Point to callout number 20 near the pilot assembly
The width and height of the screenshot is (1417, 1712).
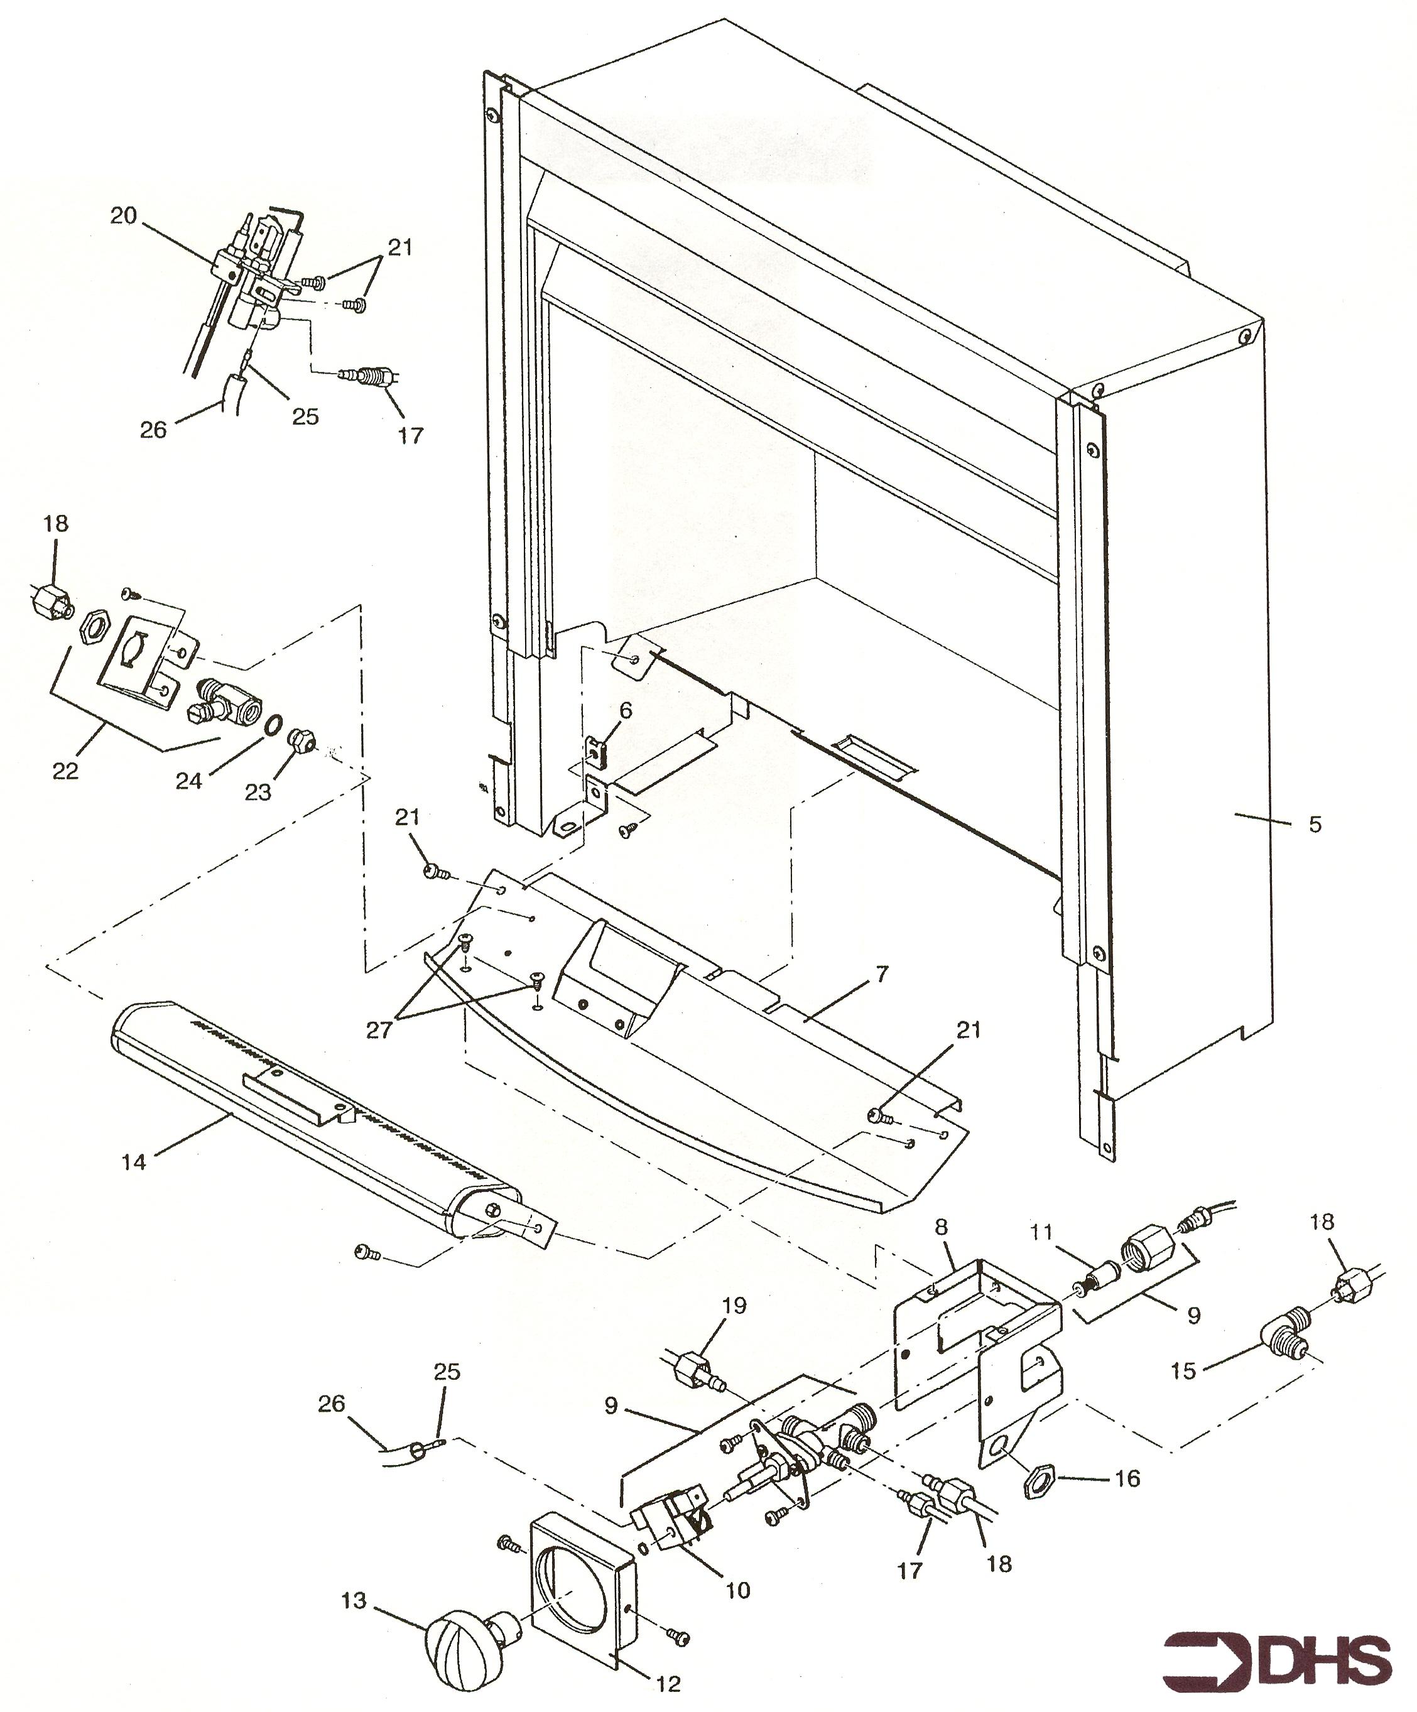pos(124,217)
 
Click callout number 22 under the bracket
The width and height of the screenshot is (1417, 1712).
pos(65,771)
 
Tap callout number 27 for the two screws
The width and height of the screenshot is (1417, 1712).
pos(379,1029)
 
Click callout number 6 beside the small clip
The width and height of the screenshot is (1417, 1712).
pos(626,710)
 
